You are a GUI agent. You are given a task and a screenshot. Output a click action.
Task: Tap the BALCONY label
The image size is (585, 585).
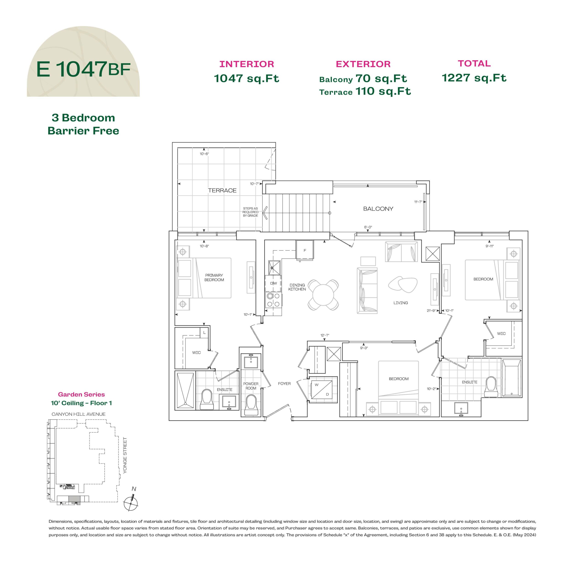coord(378,209)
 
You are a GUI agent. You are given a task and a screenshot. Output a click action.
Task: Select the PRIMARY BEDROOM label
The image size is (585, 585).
coord(214,277)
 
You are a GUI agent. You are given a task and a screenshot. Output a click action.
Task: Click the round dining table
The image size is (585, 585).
coord(323,295)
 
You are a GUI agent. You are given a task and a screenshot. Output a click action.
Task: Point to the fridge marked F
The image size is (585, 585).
coord(305,250)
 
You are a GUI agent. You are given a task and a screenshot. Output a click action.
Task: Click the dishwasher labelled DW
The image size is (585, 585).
coord(274,283)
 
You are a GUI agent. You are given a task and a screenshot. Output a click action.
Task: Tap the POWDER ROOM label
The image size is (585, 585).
coord(251,386)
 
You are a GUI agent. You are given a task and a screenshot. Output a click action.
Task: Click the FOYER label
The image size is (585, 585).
coord(284,383)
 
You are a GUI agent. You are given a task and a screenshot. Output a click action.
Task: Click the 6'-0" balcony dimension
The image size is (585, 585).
coord(368,227)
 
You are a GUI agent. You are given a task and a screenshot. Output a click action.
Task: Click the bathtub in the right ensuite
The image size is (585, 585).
coord(512,378)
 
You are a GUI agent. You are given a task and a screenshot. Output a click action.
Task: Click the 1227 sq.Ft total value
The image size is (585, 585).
coord(474,78)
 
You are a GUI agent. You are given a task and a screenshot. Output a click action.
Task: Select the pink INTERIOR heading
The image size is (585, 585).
coord(247,64)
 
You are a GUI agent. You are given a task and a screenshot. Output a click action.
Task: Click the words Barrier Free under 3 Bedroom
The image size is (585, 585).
coord(83,131)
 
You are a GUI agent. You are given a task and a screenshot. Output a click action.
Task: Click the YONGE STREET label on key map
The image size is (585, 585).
coord(125,455)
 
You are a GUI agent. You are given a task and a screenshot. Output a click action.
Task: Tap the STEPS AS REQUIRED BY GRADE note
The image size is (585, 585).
coord(250,212)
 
